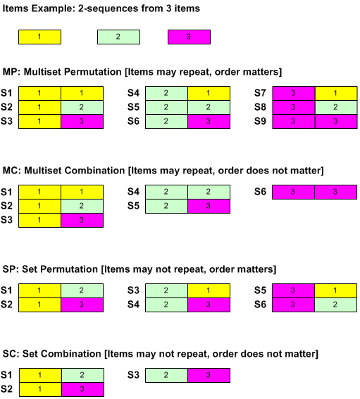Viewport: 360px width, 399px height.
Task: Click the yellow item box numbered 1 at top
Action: (x=39, y=37)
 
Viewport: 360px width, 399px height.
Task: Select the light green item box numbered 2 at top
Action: (x=118, y=37)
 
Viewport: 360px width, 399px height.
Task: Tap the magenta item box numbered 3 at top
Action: (x=189, y=37)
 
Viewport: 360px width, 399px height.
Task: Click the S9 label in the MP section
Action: (x=260, y=121)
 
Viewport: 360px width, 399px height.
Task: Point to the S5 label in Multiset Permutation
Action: (x=133, y=107)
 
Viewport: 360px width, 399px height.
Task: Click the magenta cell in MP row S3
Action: (x=82, y=122)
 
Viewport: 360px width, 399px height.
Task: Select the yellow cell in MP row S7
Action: (x=336, y=93)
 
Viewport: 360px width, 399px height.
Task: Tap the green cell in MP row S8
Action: (x=336, y=107)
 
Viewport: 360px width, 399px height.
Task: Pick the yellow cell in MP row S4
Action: (x=209, y=93)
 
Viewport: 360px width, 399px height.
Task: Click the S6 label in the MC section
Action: (x=260, y=192)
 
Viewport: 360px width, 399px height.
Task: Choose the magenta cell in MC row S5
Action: (x=209, y=206)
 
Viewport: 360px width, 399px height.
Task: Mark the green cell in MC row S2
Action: (x=82, y=206)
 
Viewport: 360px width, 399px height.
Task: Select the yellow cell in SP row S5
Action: (x=336, y=290)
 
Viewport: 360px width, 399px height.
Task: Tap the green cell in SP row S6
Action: (x=336, y=305)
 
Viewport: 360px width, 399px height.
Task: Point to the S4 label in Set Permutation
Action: (x=133, y=305)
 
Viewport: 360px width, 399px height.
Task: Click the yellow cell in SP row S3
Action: (x=209, y=290)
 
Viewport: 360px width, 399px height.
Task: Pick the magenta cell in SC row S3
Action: (x=209, y=375)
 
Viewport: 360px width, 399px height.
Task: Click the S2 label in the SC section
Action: (x=6, y=389)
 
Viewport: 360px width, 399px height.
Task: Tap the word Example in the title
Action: (x=53, y=8)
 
